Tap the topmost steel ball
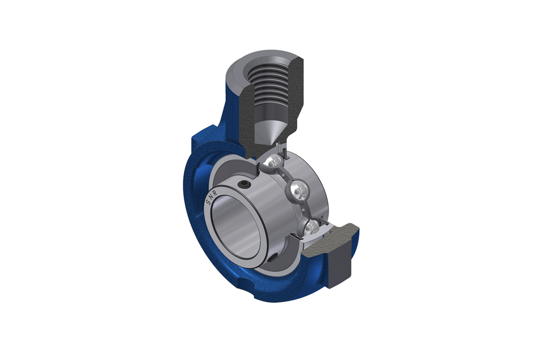pyautogui.click(x=273, y=162)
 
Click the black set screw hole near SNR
pyautogui.click(x=244, y=185)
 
